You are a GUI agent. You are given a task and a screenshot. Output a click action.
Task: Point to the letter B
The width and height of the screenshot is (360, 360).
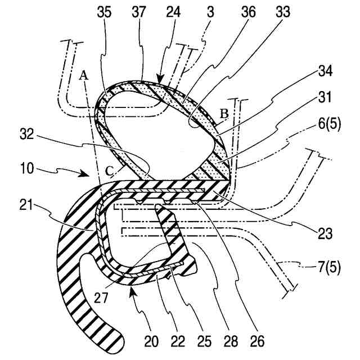coord(224,114)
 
